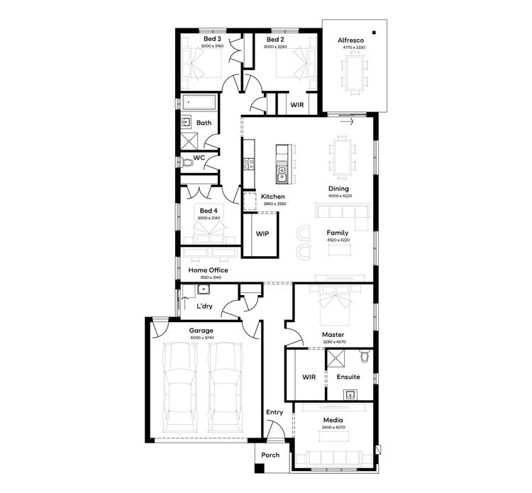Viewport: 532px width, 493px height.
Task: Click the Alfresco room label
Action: [x=350, y=41]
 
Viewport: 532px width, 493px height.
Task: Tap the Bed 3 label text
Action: [x=212, y=39]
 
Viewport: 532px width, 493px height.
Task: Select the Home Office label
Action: [x=206, y=270]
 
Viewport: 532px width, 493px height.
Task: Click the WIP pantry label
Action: [x=262, y=233]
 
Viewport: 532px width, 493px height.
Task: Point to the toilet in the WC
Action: [x=187, y=164]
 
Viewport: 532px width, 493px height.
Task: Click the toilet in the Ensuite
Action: [x=365, y=355]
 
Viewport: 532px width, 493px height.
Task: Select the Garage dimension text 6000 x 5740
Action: [x=201, y=338]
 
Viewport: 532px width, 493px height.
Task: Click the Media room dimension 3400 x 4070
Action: [x=332, y=428]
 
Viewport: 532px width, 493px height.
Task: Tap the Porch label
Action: [x=270, y=455]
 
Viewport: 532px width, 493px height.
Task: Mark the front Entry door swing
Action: [x=274, y=430]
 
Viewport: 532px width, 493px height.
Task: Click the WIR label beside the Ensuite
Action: [x=308, y=377]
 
